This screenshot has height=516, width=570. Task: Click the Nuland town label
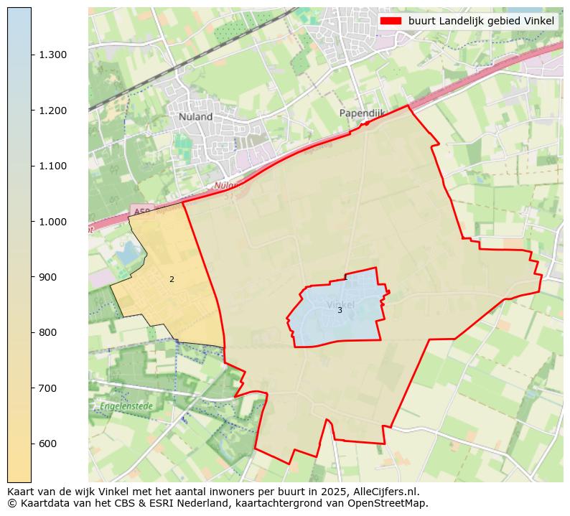tap(195, 116)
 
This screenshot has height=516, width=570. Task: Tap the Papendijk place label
tap(363, 113)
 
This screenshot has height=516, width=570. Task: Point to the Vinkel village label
tap(340, 304)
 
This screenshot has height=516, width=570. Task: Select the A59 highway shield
tap(141, 211)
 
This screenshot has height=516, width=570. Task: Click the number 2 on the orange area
tap(172, 279)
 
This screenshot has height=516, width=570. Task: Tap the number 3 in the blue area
tap(340, 310)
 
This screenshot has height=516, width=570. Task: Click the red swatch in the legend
tap(391, 21)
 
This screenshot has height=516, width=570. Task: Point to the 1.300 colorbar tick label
tap(53, 55)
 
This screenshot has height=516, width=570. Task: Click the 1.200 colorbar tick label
tap(53, 111)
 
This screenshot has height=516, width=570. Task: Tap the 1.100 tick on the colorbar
tap(53, 166)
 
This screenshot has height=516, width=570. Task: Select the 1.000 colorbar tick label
tap(53, 222)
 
